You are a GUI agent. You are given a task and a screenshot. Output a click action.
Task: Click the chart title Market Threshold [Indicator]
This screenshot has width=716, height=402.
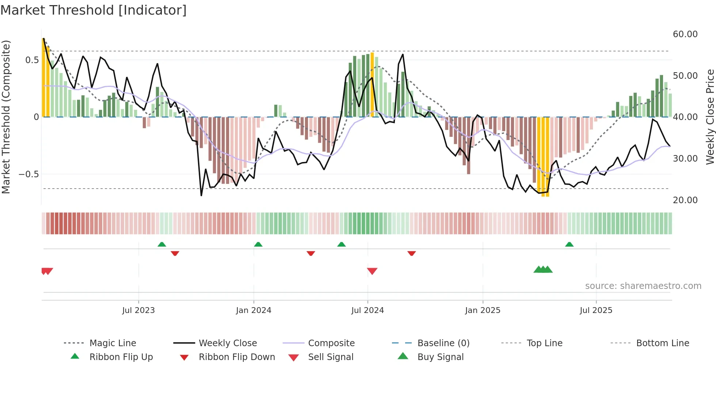(94, 10)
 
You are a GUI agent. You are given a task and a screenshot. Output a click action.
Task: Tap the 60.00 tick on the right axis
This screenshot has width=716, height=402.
(685, 34)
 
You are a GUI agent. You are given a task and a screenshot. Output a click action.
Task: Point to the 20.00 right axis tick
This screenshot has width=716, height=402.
(685, 200)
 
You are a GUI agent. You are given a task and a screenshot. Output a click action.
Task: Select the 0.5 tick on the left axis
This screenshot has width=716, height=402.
(32, 60)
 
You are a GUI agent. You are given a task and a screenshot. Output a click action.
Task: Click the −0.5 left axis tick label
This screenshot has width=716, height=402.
(29, 174)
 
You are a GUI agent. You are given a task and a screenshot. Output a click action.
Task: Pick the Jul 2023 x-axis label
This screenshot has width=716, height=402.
(138, 310)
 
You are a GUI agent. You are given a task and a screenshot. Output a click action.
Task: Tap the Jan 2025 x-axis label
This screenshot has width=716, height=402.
(483, 310)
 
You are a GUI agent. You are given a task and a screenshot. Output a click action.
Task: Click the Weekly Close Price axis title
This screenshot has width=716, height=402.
(710, 117)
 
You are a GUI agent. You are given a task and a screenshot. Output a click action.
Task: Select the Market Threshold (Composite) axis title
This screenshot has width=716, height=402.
(6, 117)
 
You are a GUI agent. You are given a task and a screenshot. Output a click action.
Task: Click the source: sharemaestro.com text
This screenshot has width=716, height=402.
(643, 286)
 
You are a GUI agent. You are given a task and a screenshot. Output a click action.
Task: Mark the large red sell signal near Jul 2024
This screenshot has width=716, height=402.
(372, 271)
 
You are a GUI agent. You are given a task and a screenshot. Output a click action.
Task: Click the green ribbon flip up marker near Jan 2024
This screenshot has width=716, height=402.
(258, 244)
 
